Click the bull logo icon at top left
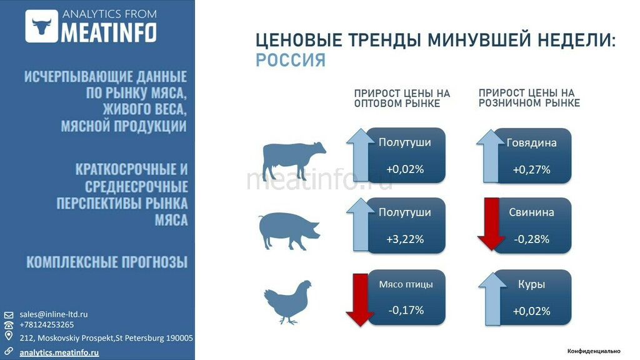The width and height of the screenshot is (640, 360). [42, 26]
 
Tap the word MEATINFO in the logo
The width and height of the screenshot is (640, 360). [108, 32]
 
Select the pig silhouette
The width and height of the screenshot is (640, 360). [289, 231]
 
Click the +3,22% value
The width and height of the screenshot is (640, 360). [405, 239]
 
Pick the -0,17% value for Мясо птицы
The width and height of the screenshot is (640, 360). [406, 309]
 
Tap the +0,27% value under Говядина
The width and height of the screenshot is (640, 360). [531, 169]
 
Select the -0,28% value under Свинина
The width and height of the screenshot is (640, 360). [531, 239]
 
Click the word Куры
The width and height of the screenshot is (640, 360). [531, 284]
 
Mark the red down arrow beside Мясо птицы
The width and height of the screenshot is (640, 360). [359, 299]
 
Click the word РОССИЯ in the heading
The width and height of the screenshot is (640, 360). [291, 60]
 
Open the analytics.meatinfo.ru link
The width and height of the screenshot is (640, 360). [59, 352]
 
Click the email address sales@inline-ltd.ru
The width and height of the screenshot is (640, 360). [54, 314]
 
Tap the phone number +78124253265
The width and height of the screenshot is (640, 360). [47, 324]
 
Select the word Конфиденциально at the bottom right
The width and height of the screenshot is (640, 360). [594, 351]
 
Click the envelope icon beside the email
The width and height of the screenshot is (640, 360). [9, 314]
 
